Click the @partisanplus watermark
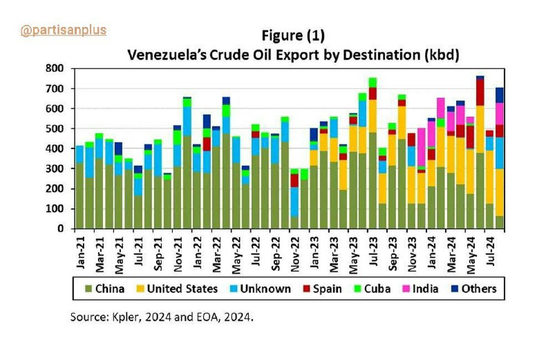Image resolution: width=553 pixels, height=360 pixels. (63, 30)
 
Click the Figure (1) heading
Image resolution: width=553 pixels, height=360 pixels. (292, 35)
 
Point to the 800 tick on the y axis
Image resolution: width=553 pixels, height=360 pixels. (55, 68)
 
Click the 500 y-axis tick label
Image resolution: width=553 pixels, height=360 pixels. (55, 129)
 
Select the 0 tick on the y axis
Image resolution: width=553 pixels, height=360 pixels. (61, 229)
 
